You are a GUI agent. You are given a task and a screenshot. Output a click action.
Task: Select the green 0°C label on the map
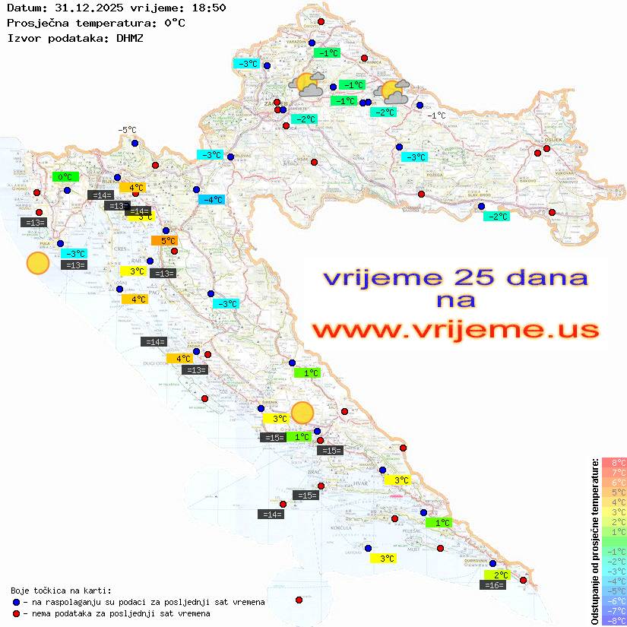click(65, 177)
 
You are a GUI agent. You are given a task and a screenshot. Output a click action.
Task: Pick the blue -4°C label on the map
click(211, 200)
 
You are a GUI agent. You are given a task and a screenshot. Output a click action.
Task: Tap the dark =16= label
click(494, 585)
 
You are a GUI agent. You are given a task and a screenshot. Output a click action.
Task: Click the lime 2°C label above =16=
click(499, 575)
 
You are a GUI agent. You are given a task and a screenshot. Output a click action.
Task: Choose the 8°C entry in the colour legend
click(613, 463)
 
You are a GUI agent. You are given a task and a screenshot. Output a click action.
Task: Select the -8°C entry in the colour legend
click(613, 621)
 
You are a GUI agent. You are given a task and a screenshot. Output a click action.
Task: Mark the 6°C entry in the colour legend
click(613, 483)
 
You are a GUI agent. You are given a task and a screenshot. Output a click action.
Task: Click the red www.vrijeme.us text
click(454, 330)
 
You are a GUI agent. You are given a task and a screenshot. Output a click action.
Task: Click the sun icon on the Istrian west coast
click(37, 263)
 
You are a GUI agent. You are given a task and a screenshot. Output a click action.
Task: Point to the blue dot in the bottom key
click(17, 602)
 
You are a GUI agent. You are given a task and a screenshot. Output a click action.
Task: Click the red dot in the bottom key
click(17, 613)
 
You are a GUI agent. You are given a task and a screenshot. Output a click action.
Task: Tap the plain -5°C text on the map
click(127, 131)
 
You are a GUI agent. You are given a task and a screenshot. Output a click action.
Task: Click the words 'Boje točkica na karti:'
click(61, 591)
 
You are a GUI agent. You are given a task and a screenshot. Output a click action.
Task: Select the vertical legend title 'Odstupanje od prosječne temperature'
click(594, 540)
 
